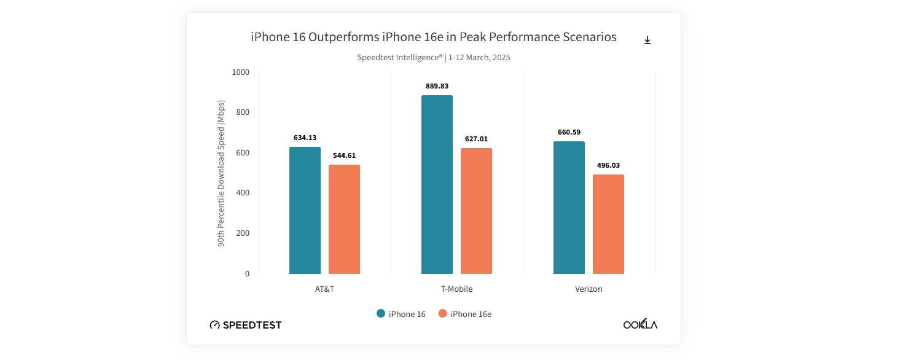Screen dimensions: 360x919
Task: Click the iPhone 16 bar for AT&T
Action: pyautogui.click(x=305, y=210)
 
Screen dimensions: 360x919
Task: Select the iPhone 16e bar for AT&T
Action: pyautogui.click(x=344, y=219)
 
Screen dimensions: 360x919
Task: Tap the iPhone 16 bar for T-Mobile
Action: pyautogui.click(x=437, y=184)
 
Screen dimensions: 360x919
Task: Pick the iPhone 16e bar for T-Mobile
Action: pyautogui.click(x=476, y=211)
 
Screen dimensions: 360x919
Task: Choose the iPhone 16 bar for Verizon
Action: pyautogui.click(x=569, y=208)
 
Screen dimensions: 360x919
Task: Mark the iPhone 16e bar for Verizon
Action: pyautogui.click(x=608, y=224)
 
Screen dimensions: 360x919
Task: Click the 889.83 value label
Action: pyautogui.click(x=437, y=86)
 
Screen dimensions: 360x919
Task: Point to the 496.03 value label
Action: pyautogui.click(x=608, y=165)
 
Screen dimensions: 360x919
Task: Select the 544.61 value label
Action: pyautogui.click(x=344, y=155)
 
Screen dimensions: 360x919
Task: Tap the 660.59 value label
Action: pyautogui.click(x=569, y=132)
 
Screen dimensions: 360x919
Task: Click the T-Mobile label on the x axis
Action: pyautogui.click(x=456, y=289)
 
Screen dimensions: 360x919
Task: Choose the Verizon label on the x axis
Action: pyautogui.click(x=589, y=289)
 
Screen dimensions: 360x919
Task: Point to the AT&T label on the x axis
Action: pyautogui.click(x=324, y=289)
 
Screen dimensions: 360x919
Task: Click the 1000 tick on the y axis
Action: pyautogui.click(x=241, y=72)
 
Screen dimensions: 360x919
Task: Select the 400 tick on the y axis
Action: pyautogui.click(x=243, y=193)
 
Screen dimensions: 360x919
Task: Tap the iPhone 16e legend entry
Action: pyautogui.click(x=465, y=314)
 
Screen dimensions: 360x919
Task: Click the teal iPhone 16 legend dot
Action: pyautogui.click(x=381, y=313)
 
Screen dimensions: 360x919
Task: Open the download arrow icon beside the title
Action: pyautogui.click(x=647, y=40)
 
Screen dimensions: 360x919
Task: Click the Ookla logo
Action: pyautogui.click(x=640, y=324)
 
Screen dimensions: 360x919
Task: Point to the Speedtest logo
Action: pyautogui.click(x=246, y=325)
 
